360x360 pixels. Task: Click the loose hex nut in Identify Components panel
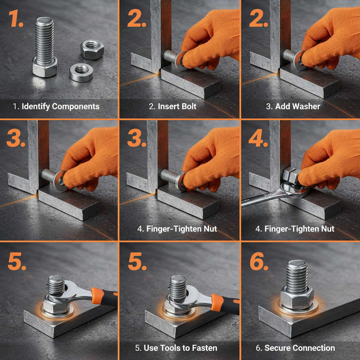coord(92,49)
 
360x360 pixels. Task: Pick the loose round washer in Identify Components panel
coord(81,72)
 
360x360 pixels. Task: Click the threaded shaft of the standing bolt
coord(44,39)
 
